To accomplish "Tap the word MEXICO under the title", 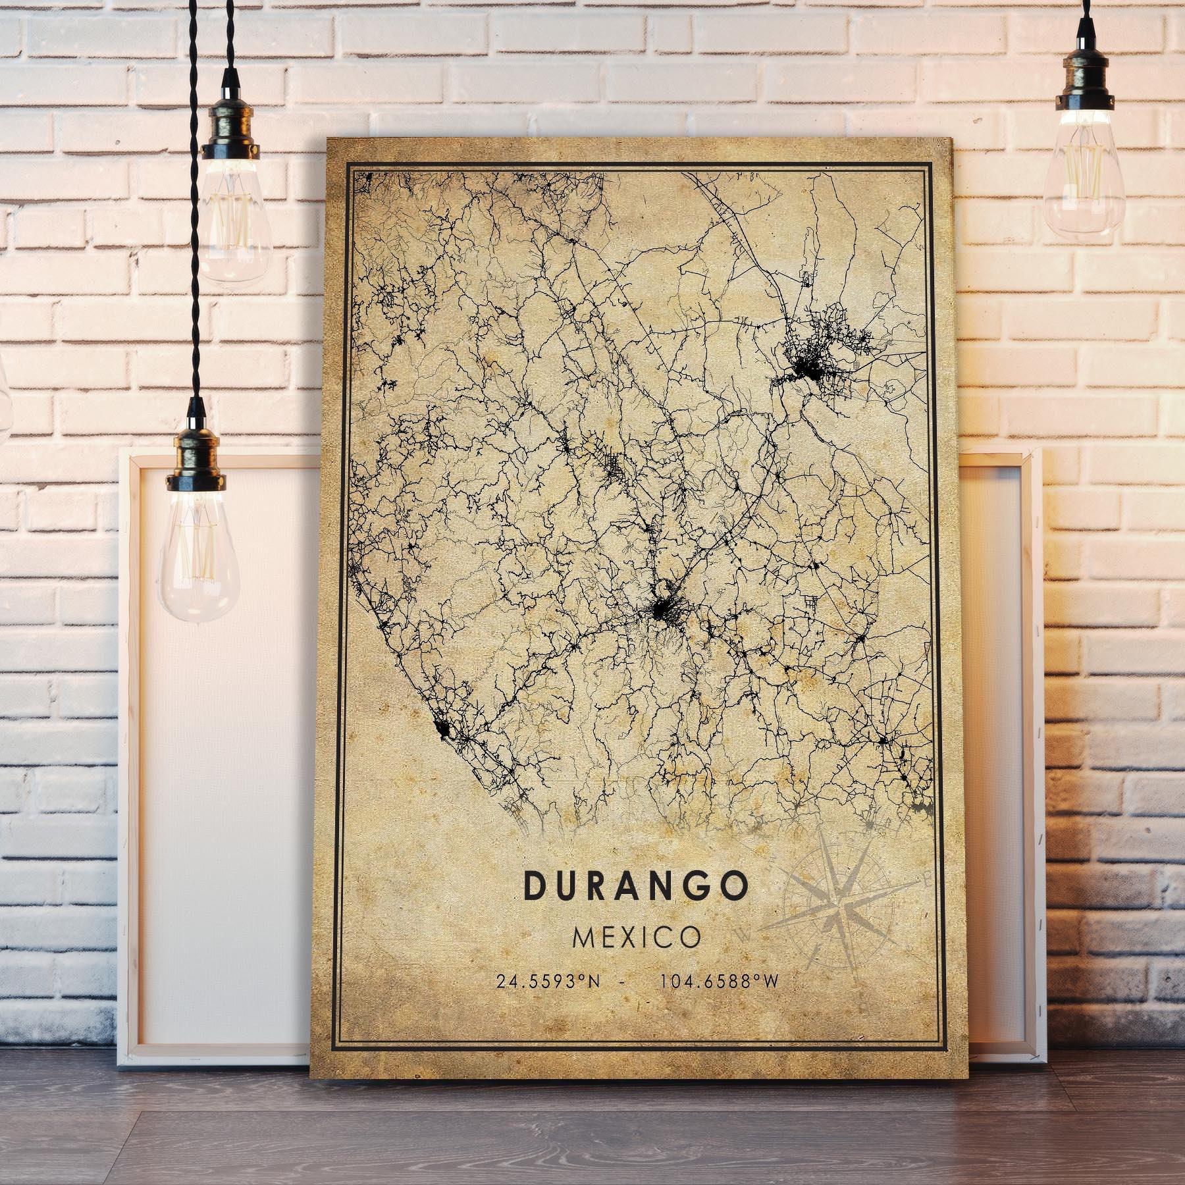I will pyautogui.click(x=637, y=937).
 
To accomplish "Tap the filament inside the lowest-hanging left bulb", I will pyautogui.click(x=199, y=553).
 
